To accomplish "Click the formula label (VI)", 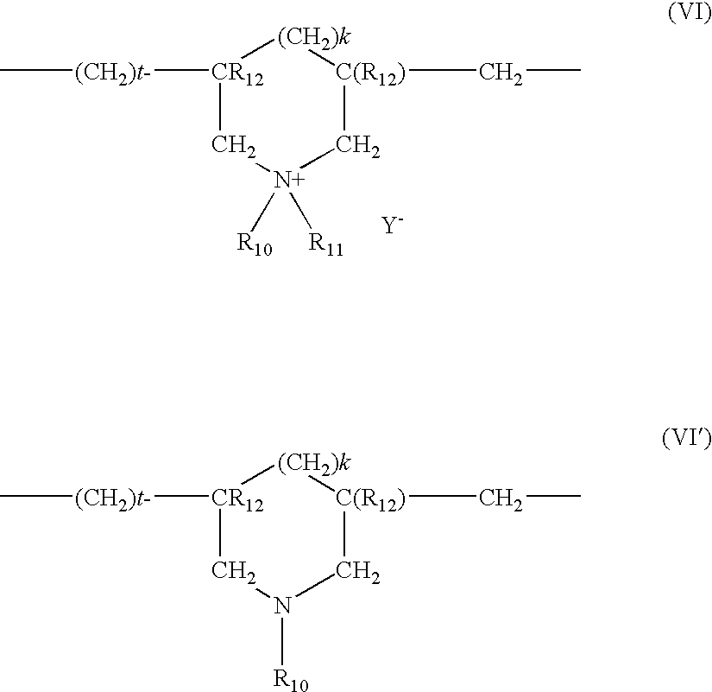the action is click(690, 13).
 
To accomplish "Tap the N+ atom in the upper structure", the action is click(289, 180).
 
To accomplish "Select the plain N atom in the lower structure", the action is click(282, 606).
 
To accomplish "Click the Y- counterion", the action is click(393, 225).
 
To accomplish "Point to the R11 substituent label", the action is click(326, 244).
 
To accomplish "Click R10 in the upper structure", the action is click(255, 244).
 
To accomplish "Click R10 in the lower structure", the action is click(291, 681).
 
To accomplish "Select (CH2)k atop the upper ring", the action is click(314, 37).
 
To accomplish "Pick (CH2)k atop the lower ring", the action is click(314, 463).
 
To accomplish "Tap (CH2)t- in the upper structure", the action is click(112, 73).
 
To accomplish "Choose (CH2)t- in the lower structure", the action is click(112, 498).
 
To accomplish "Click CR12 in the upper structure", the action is click(237, 74).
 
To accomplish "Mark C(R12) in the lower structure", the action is click(370, 499).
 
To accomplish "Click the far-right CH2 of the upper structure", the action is click(501, 73).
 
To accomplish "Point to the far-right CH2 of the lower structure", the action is click(501, 499).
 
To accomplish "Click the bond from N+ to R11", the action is click(301, 210).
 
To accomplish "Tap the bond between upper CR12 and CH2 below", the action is click(220, 107).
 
